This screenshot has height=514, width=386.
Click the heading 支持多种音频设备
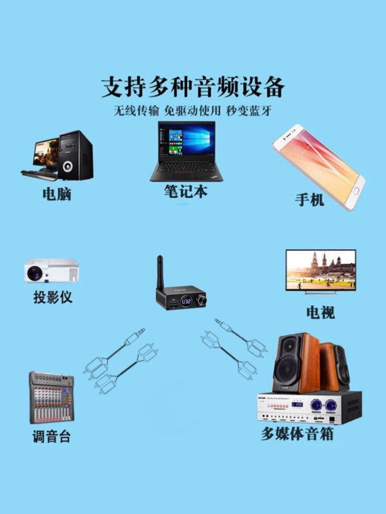click(192, 87)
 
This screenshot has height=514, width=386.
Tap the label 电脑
click(57, 194)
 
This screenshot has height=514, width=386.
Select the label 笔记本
click(186, 191)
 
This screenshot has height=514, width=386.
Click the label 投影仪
click(52, 297)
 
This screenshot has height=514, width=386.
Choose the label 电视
click(320, 312)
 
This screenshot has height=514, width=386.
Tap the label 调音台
click(51, 437)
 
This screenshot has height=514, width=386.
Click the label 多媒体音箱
click(297, 433)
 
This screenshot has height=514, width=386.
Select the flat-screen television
click(321, 270)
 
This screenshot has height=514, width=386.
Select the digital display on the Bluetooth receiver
click(186, 301)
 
